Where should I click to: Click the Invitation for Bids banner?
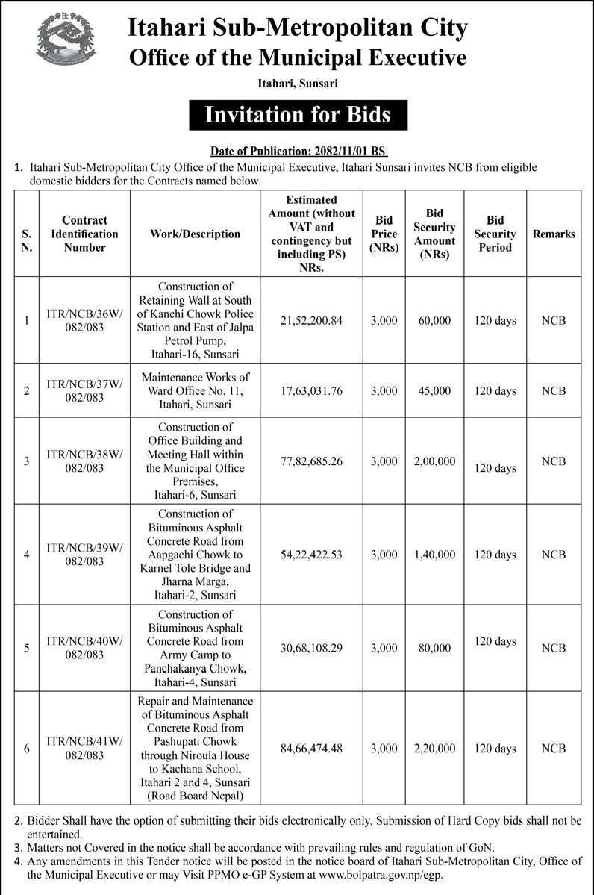(297, 115)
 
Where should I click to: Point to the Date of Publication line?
(297, 150)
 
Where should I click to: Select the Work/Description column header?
(195, 234)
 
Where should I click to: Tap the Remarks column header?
(554, 234)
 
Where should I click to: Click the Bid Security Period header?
(495, 234)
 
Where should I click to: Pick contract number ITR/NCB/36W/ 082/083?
(84, 321)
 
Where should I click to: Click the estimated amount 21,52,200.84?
(311, 320)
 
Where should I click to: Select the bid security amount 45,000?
(434, 391)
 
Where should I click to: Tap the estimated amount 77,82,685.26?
(311, 461)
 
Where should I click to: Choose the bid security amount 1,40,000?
(434, 555)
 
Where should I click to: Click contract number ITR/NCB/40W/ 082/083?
(84, 648)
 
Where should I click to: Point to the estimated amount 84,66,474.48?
(311, 749)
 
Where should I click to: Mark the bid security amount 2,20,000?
(434, 749)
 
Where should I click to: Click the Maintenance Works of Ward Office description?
(195, 391)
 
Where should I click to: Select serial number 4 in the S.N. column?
(27, 555)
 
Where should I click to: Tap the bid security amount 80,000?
(434, 649)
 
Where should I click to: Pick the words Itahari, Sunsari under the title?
(297, 84)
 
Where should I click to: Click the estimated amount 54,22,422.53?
(311, 555)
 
